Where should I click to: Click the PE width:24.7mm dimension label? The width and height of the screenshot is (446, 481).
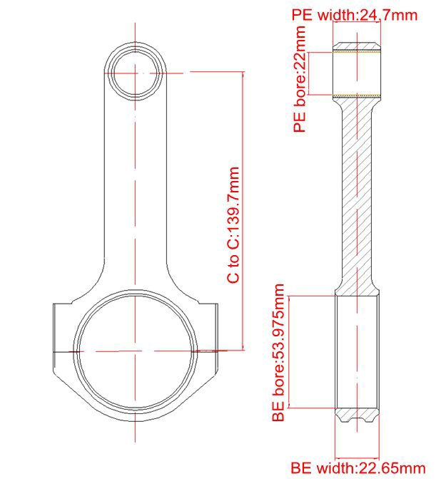point(355,15)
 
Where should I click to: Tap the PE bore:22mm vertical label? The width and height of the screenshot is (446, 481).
point(300,79)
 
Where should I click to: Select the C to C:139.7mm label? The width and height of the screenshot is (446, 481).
point(233,225)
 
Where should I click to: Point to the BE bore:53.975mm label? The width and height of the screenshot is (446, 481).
point(278,353)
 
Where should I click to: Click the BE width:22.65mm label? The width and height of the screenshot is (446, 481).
point(358,468)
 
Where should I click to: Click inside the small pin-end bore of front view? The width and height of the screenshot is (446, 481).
point(135,73)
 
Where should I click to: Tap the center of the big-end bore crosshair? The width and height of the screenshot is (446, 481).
point(135,351)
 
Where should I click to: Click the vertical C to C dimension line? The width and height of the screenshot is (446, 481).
point(243,211)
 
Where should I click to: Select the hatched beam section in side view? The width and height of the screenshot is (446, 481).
point(357,197)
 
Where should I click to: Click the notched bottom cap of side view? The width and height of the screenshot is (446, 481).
point(357,415)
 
